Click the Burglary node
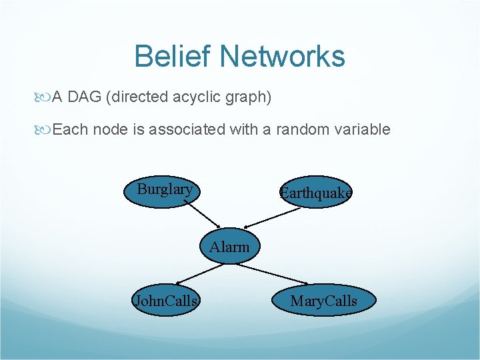tap(164, 190)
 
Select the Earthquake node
tap(315, 193)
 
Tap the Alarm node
tap(230, 247)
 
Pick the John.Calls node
tap(166, 301)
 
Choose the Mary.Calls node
tap(324, 301)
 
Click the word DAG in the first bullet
tap(85, 97)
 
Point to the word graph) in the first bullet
tap(249, 97)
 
